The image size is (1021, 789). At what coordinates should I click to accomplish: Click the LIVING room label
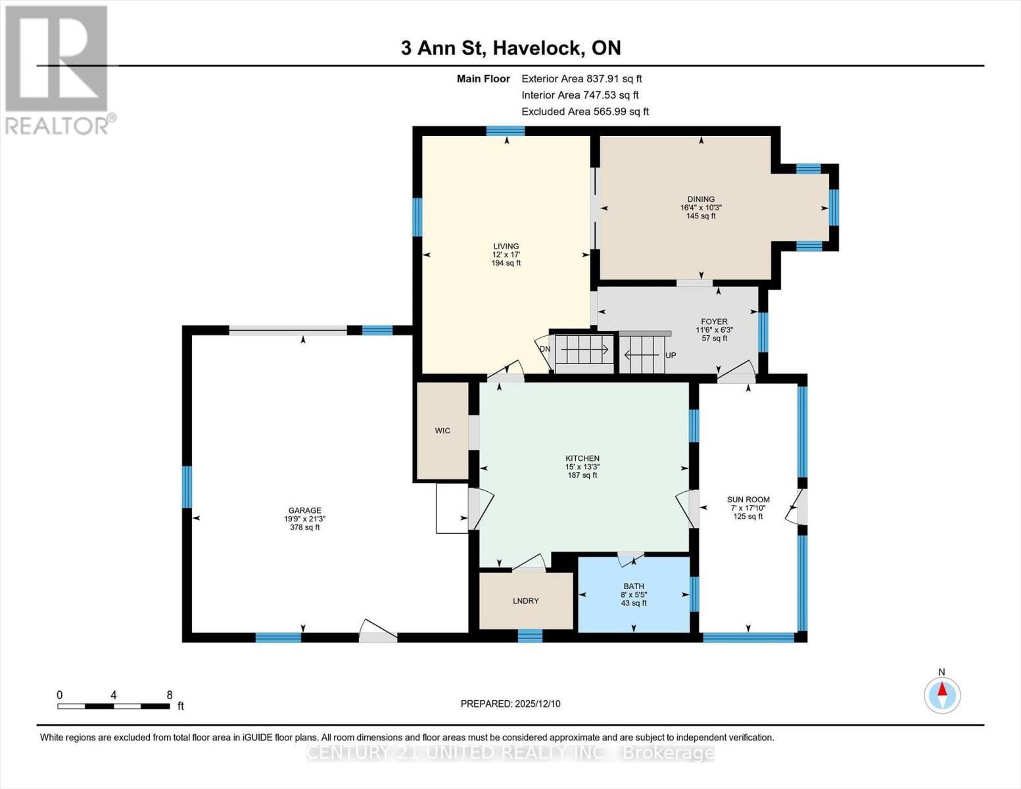click(506, 247)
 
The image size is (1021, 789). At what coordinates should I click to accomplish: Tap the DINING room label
click(701, 199)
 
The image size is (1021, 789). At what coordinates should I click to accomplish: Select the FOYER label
click(714, 322)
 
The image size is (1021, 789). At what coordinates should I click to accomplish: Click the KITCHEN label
click(582, 458)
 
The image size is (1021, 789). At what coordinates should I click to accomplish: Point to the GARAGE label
click(304, 510)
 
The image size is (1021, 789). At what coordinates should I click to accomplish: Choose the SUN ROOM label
click(748, 500)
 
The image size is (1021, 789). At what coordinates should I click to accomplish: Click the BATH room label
click(634, 586)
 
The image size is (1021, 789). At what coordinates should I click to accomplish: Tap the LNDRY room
click(526, 601)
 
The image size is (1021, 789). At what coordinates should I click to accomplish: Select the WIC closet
click(442, 431)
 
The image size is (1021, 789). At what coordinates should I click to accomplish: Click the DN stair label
click(545, 349)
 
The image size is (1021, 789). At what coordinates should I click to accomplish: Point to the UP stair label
click(671, 355)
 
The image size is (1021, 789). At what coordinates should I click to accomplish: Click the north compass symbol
click(942, 694)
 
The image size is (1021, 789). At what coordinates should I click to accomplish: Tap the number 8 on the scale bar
click(170, 695)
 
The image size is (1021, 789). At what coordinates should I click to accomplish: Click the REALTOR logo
click(58, 69)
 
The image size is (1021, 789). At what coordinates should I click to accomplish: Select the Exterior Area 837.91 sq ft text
click(581, 78)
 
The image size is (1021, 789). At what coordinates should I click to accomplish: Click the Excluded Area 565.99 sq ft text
click(585, 111)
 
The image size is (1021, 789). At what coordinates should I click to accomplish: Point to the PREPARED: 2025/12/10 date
click(510, 704)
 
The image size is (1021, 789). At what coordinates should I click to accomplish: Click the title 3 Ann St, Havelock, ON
click(511, 48)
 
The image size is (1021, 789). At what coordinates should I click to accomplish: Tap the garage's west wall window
click(187, 487)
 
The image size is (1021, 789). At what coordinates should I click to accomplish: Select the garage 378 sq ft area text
click(304, 527)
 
